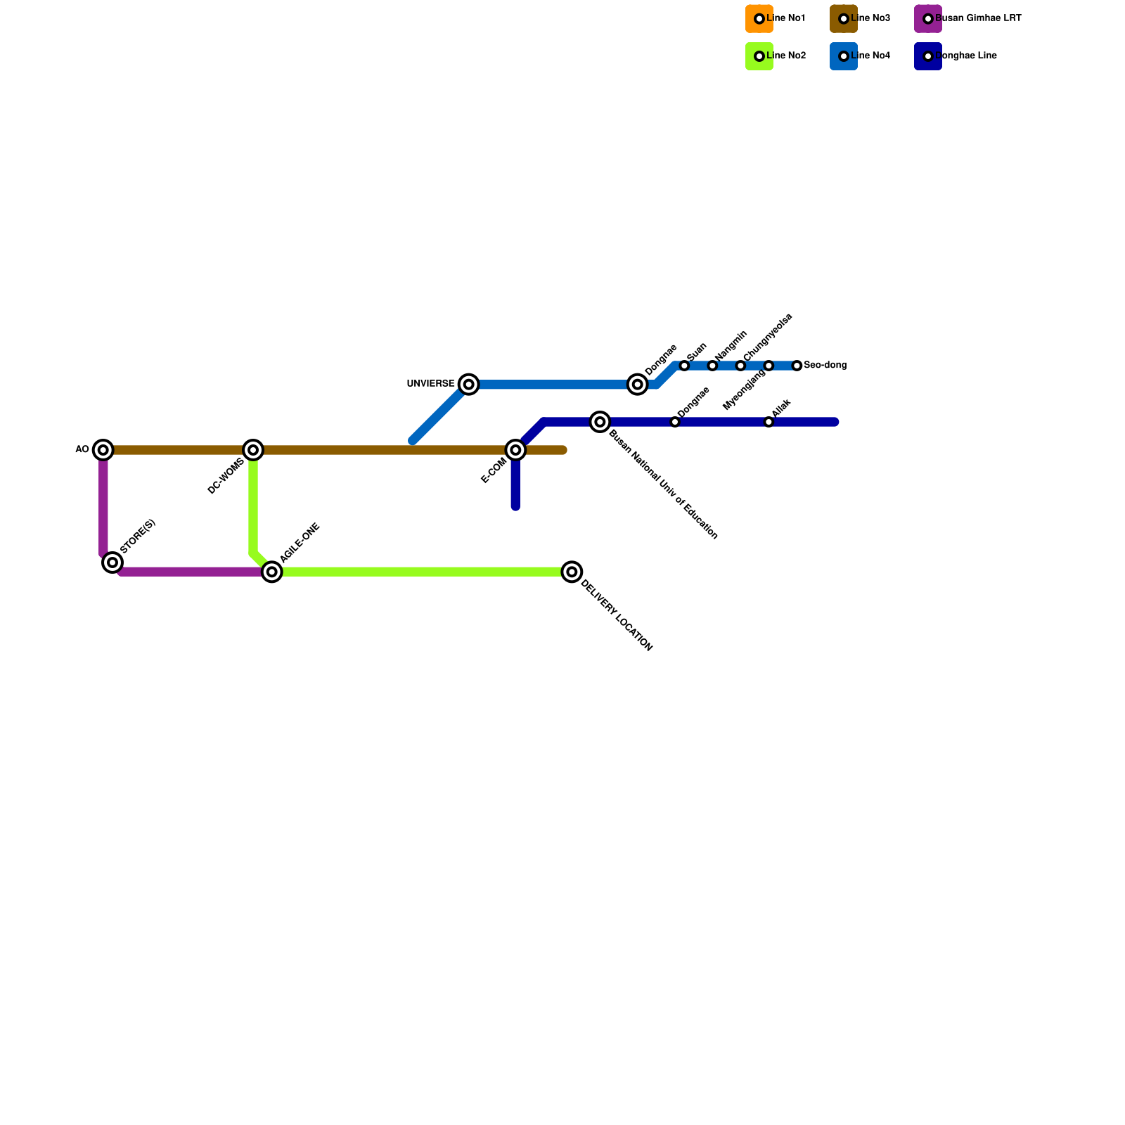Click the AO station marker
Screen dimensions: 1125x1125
(x=103, y=449)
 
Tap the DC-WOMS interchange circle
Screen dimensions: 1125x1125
(x=253, y=449)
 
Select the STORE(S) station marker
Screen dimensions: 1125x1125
(x=112, y=562)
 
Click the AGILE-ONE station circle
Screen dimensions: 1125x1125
(x=272, y=572)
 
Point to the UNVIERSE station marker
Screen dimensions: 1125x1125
(x=469, y=384)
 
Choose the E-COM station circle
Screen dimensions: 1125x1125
(x=515, y=449)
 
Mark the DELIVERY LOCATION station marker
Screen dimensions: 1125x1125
(x=572, y=572)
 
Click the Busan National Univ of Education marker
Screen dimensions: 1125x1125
(x=600, y=422)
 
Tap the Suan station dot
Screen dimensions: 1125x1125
(x=684, y=366)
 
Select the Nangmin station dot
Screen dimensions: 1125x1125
(x=712, y=366)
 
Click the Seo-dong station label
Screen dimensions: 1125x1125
(x=825, y=366)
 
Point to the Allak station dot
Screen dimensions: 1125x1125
(x=769, y=422)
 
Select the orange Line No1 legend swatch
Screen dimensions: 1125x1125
(x=759, y=19)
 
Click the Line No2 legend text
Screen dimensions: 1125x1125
(x=786, y=56)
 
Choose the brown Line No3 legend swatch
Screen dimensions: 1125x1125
(x=844, y=19)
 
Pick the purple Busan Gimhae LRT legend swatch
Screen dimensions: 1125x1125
(x=928, y=19)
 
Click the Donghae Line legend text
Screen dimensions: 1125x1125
(x=966, y=56)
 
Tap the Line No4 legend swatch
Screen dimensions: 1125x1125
(x=844, y=56)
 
